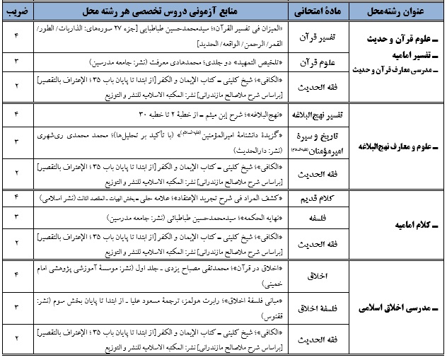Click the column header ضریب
click(16, 12)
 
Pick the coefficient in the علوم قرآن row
click(16, 61)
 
